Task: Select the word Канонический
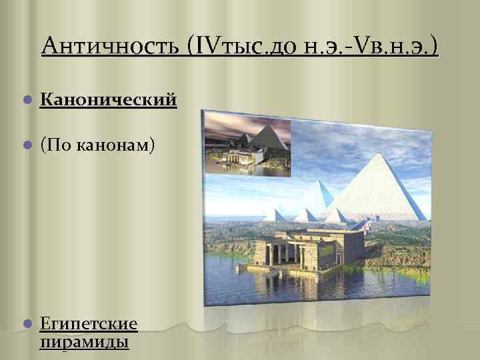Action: point(108,100)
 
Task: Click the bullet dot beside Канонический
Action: point(26,101)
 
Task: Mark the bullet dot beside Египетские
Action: point(26,325)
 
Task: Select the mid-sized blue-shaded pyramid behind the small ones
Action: point(325,197)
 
